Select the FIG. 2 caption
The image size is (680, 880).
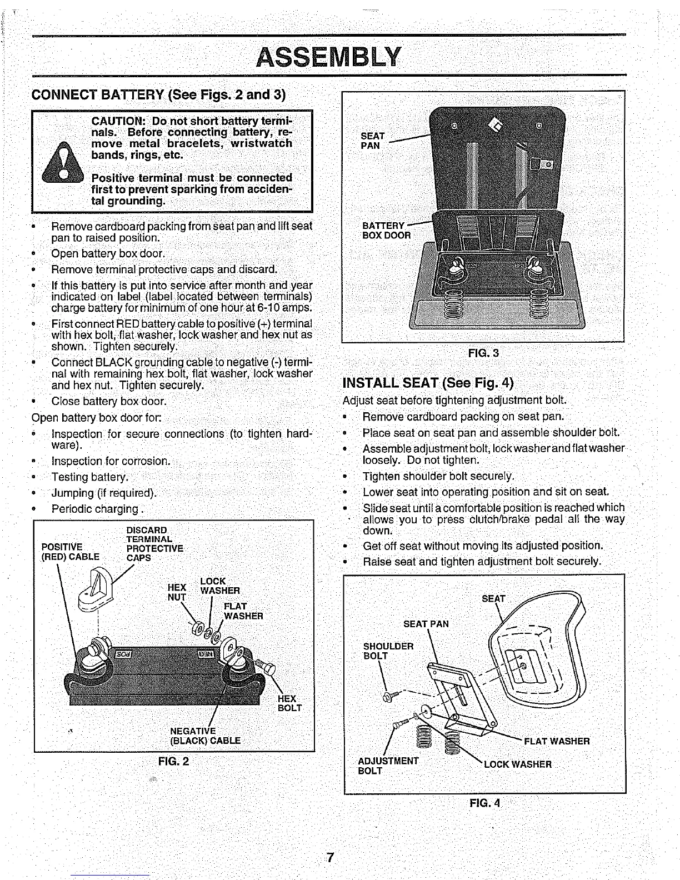click(173, 761)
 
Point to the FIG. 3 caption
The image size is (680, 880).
click(483, 353)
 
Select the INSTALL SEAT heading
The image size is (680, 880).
click(428, 383)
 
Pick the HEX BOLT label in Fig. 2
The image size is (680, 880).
click(289, 703)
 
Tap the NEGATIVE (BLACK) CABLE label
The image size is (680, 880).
click(205, 736)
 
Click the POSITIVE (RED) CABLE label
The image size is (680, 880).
click(71, 552)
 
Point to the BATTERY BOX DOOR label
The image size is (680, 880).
click(386, 230)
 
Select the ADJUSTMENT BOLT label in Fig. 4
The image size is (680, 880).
click(388, 765)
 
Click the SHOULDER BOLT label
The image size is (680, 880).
click(388, 651)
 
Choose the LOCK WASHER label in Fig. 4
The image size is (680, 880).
click(518, 764)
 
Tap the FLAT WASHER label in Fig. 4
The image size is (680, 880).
click(557, 741)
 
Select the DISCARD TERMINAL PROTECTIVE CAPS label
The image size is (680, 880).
click(154, 543)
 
